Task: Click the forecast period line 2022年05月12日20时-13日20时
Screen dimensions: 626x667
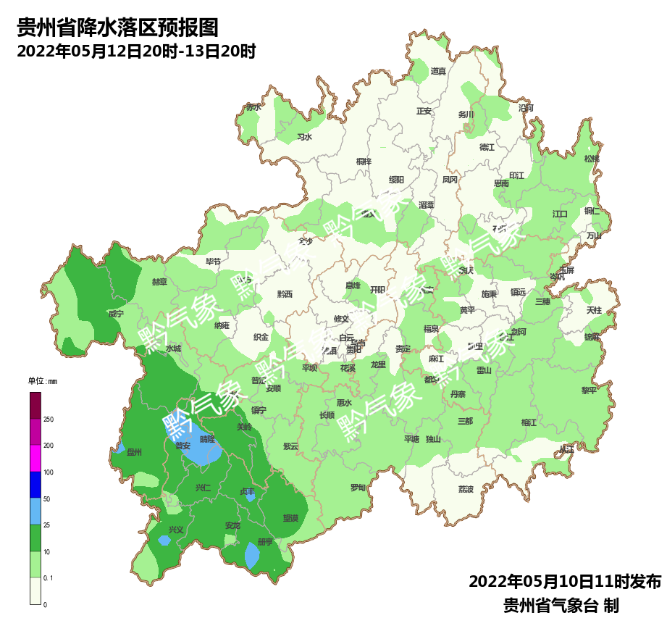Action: click(136, 51)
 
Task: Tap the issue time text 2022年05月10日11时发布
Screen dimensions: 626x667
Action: click(565, 582)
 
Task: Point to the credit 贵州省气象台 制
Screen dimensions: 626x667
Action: click(561, 605)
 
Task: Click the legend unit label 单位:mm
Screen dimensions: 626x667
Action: click(42, 381)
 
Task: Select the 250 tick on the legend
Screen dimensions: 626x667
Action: click(49, 420)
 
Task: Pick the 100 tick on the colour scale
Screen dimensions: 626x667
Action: click(49, 472)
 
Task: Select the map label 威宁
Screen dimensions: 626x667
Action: click(116, 314)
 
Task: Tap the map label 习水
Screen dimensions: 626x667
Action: click(305, 137)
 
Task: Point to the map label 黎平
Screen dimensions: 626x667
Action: click(589, 390)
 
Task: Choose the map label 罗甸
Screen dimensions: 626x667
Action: click(358, 488)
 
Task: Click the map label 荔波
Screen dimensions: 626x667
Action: click(466, 489)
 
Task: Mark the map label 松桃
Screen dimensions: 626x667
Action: click(592, 159)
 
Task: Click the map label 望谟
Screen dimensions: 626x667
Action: click(291, 518)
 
